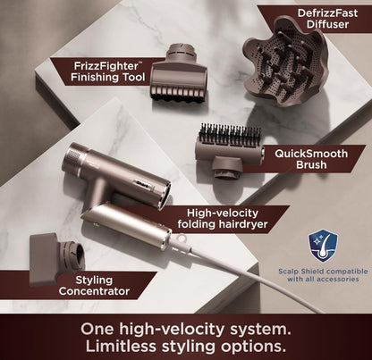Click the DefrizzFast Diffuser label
coord(327,19)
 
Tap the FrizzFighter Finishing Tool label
coord(107,71)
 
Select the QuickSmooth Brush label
coord(311,159)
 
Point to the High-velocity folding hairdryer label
coord(223,218)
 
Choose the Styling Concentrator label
coord(94,286)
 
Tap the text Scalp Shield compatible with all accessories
coord(323,275)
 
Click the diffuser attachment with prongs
coord(286,62)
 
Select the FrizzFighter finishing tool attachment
coord(179,73)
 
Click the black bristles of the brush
coord(230,135)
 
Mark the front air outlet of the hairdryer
coord(165,195)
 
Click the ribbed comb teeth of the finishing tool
coord(179,94)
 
